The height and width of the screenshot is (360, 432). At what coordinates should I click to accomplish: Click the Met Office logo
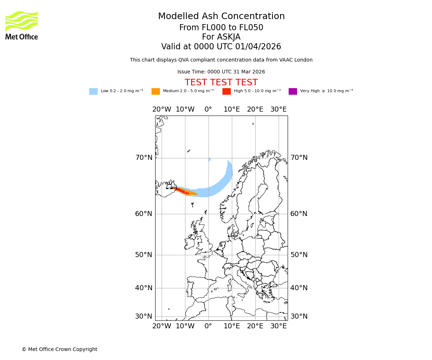tap(22, 25)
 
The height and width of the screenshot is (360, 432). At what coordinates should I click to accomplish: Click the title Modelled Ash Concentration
tap(221, 17)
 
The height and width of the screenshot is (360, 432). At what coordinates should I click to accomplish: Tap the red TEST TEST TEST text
tap(221, 83)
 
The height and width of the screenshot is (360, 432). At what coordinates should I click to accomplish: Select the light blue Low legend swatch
tap(93, 91)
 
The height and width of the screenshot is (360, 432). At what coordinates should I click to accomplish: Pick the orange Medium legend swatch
tap(156, 91)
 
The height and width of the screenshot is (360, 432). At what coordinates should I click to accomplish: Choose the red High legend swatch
tap(226, 91)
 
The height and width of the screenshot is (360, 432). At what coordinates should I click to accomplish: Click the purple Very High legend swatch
tap(293, 91)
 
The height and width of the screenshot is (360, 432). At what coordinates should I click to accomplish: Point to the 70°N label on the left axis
tap(144, 158)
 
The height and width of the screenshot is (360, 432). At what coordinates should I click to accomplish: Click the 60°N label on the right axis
tap(299, 214)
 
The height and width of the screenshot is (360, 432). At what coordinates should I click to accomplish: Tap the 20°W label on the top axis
tap(162, 109)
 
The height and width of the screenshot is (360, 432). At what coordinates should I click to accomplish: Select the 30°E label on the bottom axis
tap(279, 326)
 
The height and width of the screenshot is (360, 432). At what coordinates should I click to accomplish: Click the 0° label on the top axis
tap(208, 109)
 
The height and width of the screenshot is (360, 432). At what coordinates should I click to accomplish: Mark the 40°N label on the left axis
tap(144, 288)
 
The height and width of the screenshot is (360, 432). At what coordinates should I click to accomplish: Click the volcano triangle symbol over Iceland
tap(169, 186)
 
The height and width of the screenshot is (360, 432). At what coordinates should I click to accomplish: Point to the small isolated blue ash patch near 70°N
tap(210, 159)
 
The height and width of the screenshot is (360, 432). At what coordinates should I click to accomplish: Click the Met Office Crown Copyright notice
tap(59, 350)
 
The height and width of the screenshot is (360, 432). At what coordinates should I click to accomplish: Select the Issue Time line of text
tap(221, 72)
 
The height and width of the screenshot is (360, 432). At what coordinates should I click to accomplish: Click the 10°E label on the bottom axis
tap(232, 326)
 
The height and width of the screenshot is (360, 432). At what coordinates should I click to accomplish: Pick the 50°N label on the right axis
tap(299, 255)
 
